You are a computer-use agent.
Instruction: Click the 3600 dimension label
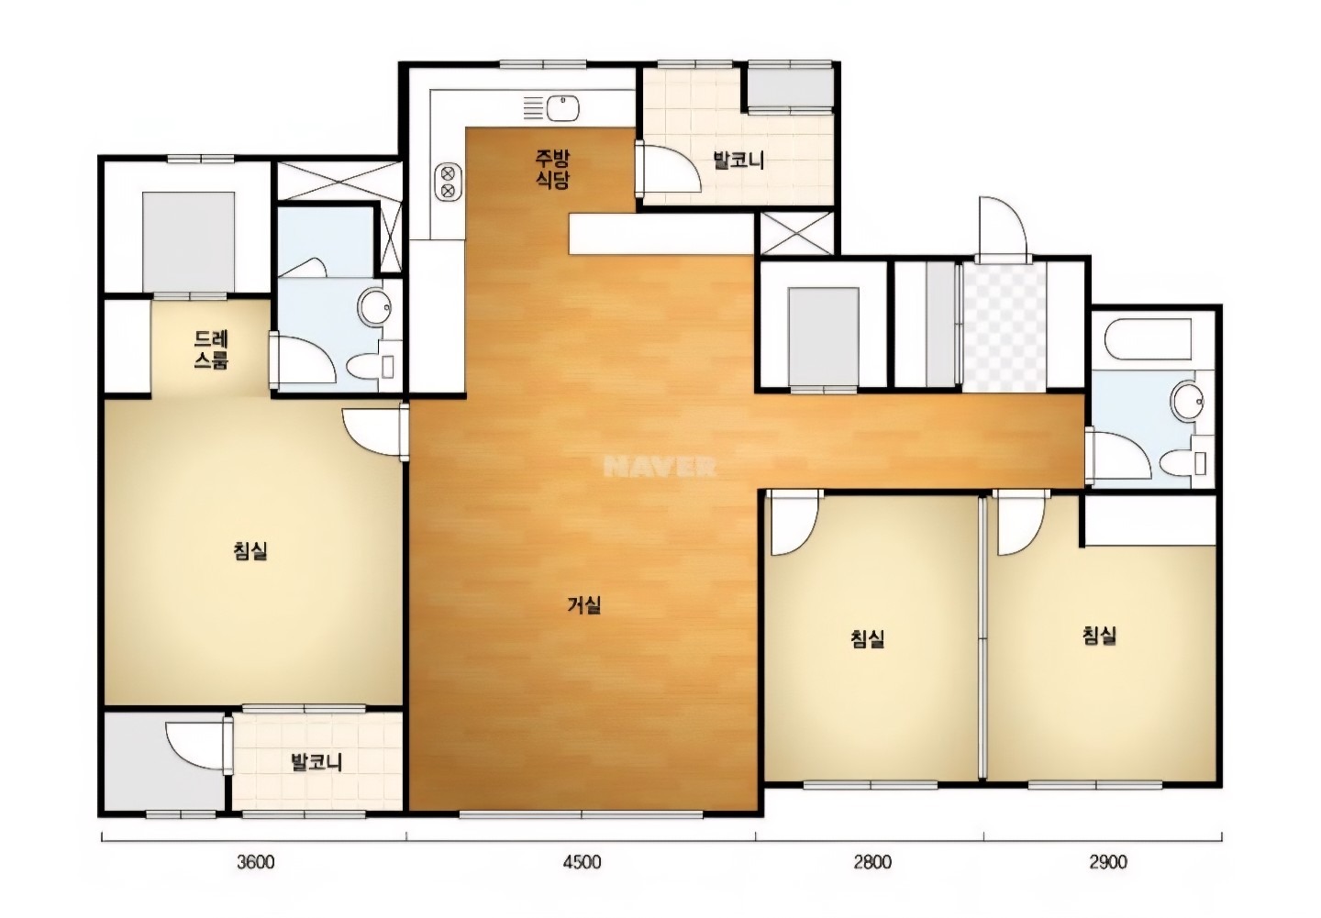[256, 862]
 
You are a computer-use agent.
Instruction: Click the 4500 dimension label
[582, 862]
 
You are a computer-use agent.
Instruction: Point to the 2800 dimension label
[872, 862]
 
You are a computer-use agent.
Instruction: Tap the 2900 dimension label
[1108, 862]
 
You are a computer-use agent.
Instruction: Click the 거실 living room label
[583, 605]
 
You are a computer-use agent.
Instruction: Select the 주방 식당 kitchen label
[552, 169]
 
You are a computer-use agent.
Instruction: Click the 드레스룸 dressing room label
[211, 349]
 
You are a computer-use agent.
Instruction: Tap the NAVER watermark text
[660, 467]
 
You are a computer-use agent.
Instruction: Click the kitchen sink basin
[562, 108]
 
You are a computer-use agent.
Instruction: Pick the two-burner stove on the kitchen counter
[448, 182]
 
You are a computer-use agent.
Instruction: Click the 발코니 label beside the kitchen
[738, 160]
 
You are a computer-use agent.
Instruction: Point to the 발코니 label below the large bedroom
[316, 763]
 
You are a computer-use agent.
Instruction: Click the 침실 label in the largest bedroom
[250, 551]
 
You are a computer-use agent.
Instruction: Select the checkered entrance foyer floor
[1005, 326]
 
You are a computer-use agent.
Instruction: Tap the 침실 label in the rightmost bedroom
[1099, 635]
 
